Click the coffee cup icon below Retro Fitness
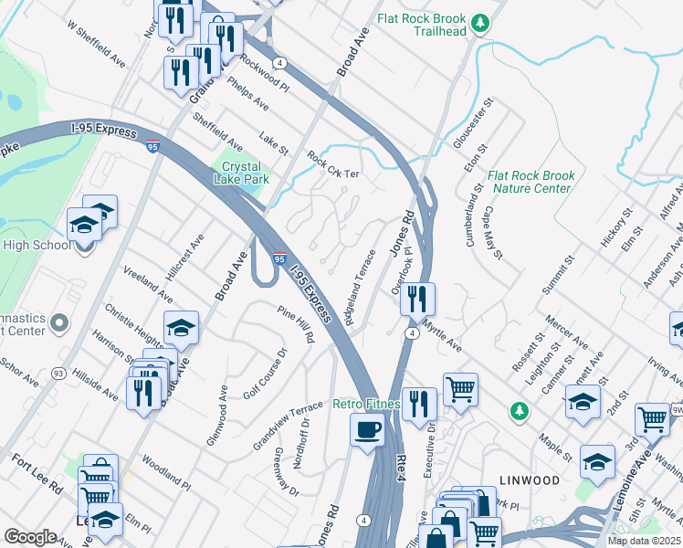[367, 429]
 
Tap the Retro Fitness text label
[366, 404]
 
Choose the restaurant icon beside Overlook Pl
[417, 298]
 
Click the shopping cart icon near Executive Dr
[461, 389]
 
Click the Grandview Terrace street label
[289, 426]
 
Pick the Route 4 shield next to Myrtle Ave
[413, 334]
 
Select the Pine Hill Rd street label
[297, 324]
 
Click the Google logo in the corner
[31, 537]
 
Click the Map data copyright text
[645, 541]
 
